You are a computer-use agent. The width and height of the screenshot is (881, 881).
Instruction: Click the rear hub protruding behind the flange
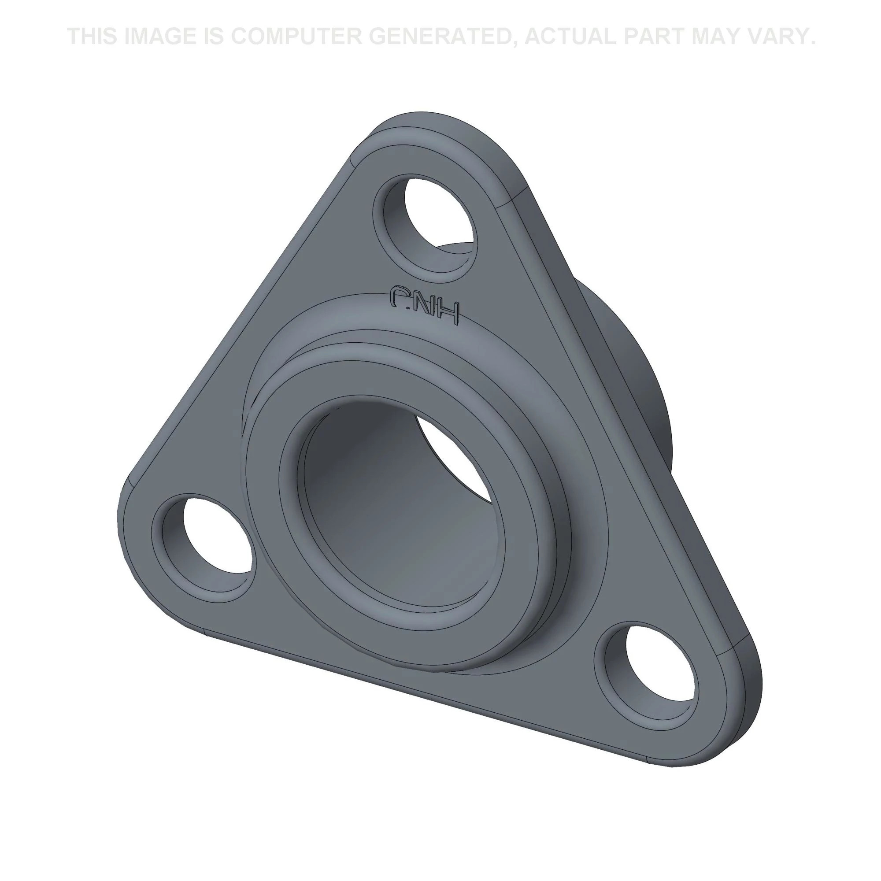pos(638,411)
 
